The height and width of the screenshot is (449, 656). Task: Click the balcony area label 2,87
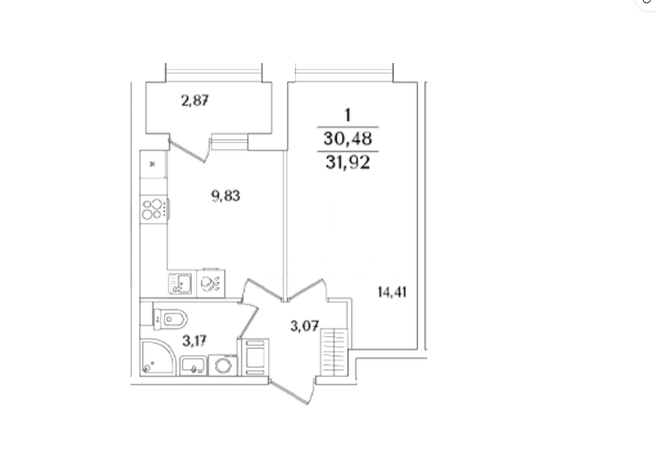coord(195,101)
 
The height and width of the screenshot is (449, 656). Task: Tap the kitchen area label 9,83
coord(225,196)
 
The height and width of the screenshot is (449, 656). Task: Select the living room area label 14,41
coord(392,292)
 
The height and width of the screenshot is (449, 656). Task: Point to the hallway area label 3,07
coord(305,326)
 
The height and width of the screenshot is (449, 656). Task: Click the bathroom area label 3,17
coord(195,341)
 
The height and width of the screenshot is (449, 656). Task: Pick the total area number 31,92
coord(348,163)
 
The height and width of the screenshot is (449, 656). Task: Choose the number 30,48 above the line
coord(348,139)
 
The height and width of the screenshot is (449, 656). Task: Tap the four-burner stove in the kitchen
coord(154,209)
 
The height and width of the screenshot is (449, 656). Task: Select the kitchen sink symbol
coord(180,283)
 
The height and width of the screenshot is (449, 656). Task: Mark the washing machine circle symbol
coord(223,365)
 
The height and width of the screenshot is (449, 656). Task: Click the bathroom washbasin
coord(194,366)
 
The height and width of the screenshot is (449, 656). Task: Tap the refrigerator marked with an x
coord(153,164)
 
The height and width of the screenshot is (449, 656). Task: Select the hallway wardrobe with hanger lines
coord(334,352)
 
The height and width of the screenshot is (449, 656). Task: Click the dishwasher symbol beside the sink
coord(211,283)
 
